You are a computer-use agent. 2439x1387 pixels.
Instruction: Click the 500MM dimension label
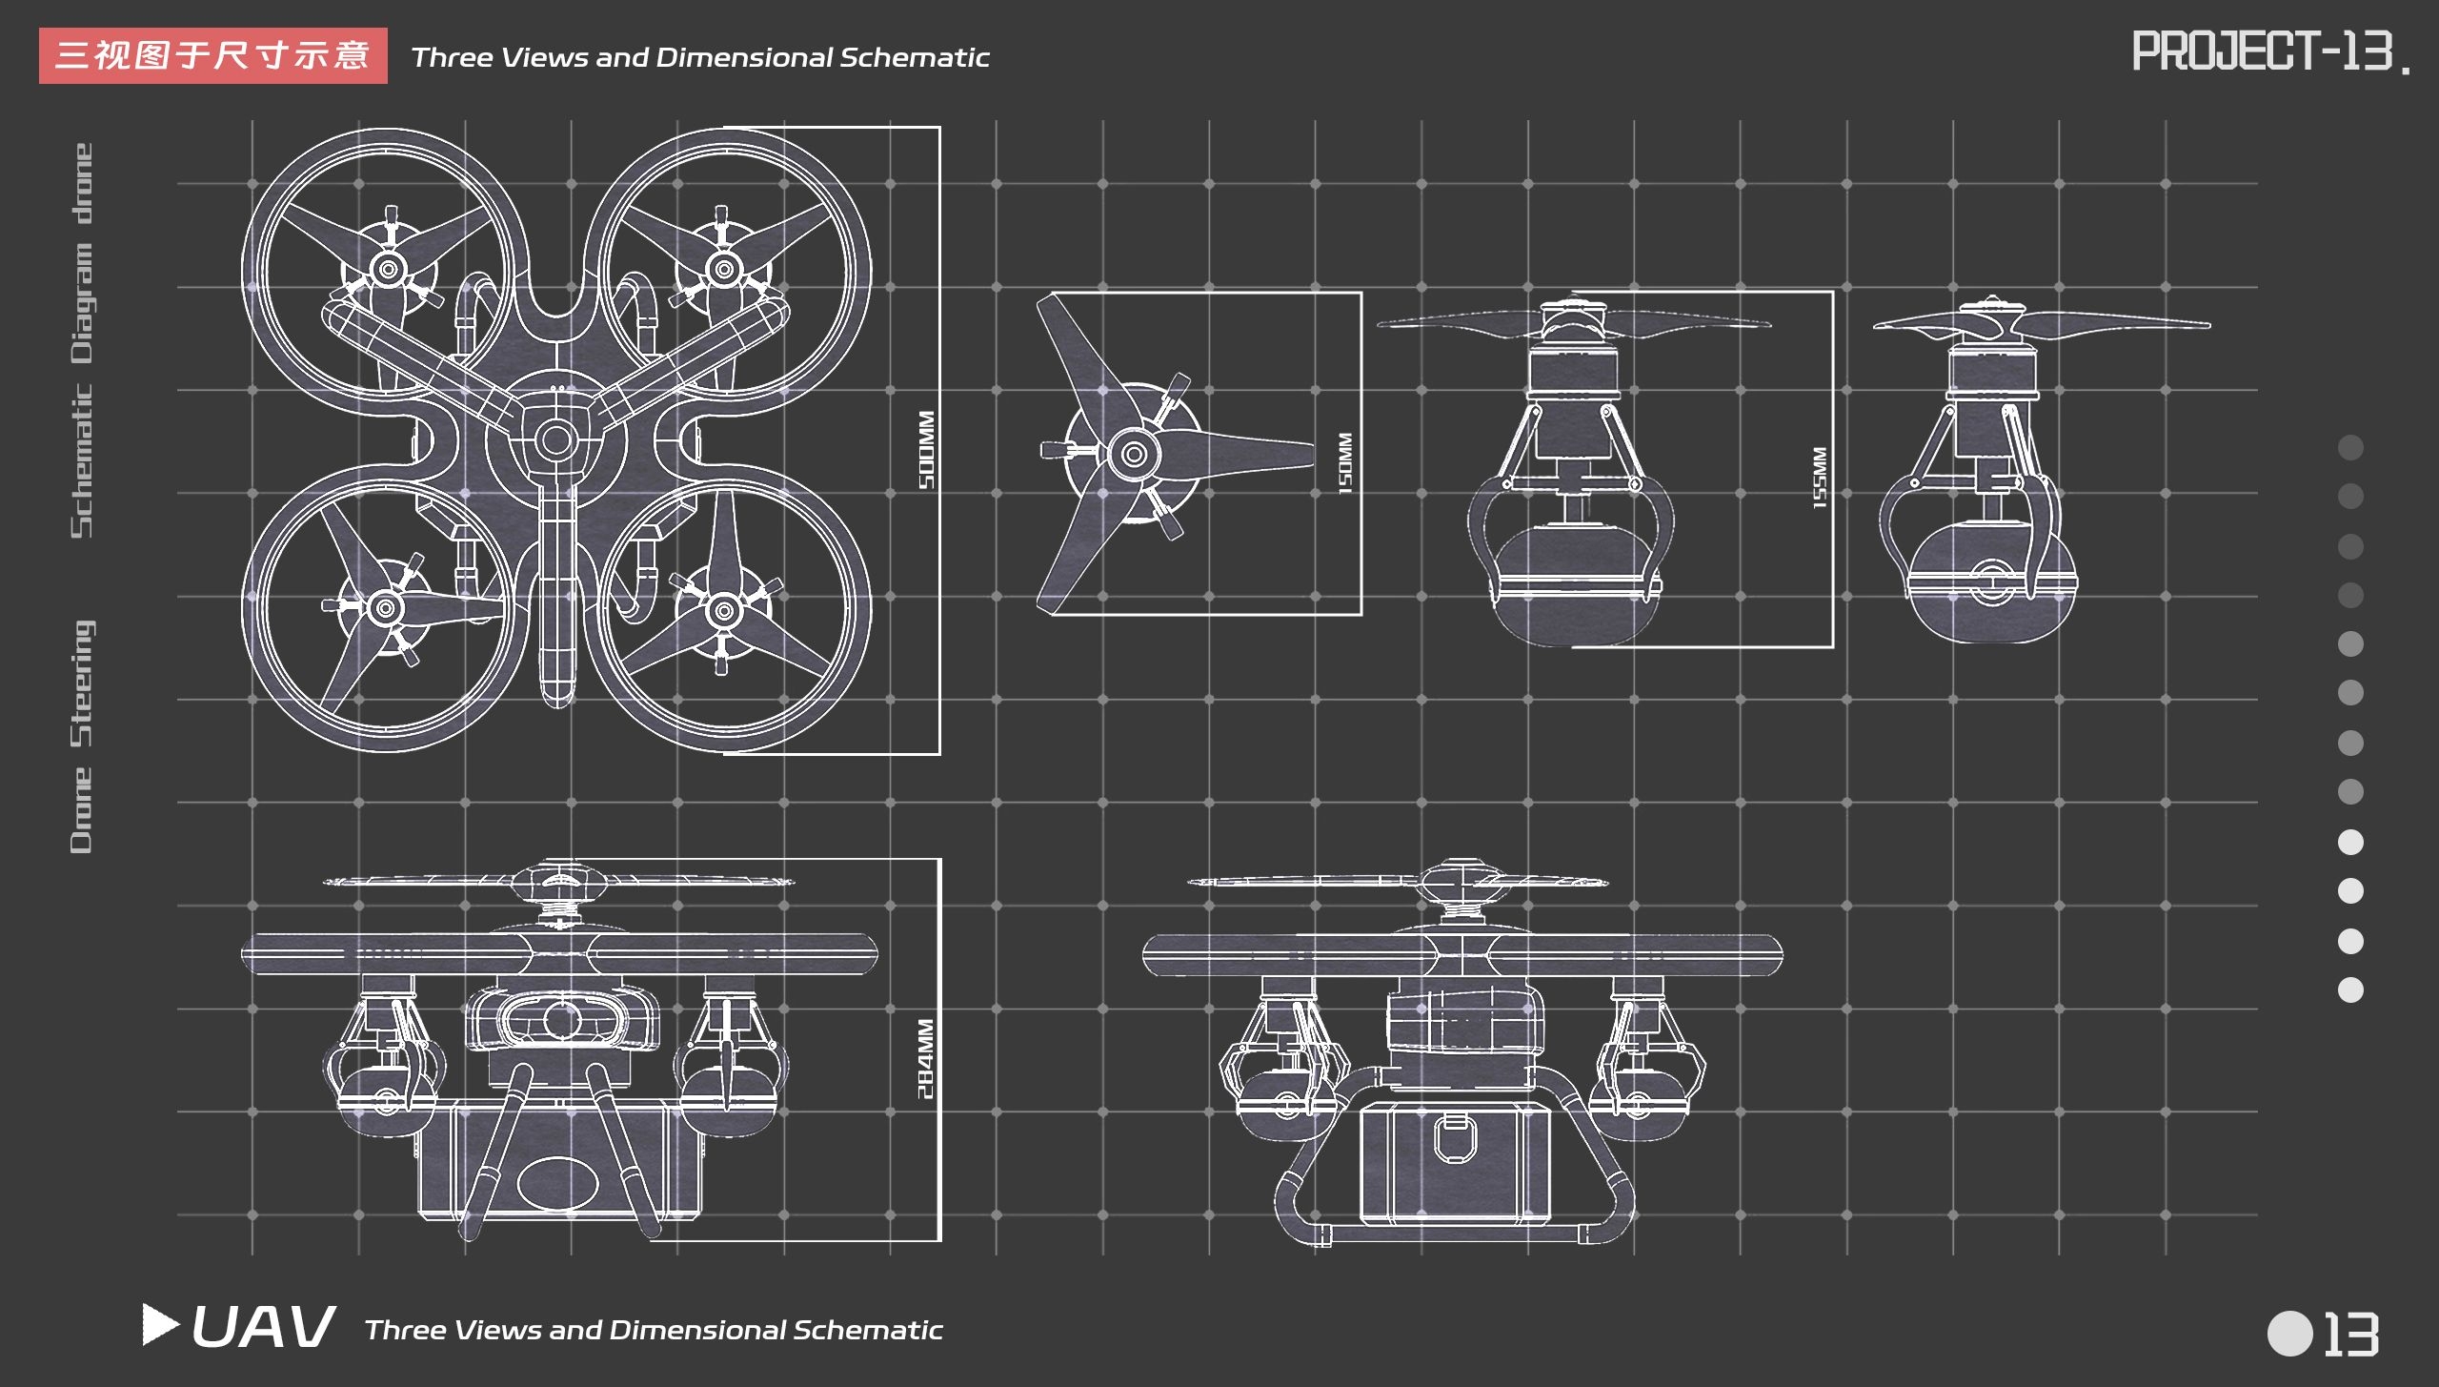[926, 450]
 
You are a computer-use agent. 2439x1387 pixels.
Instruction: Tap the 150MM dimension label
[1344, 463]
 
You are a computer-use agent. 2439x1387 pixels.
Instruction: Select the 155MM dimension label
[1819, 478]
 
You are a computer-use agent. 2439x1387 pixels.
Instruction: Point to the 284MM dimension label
[926, 1058]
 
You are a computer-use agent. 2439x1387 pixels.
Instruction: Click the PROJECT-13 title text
[2268, 51]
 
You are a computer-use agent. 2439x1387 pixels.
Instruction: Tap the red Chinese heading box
[212, 55]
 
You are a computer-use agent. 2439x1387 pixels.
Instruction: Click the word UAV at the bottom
[262, 1326]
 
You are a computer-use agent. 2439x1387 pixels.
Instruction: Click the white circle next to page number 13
[2289, 1333]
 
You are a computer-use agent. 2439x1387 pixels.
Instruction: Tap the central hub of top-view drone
[554, 440]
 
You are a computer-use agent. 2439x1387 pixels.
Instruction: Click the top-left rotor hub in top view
[388, 270]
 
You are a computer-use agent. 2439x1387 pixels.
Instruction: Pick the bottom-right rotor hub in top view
[723, 610]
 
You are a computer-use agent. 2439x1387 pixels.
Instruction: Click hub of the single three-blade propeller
[1134, 454]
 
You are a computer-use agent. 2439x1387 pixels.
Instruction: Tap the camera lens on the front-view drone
[562, 1020]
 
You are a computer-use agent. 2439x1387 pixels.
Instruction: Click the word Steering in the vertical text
[83, 683]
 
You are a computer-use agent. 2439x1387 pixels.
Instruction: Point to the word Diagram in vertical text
[83, 303]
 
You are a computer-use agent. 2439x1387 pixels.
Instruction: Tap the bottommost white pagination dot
[2350, 990]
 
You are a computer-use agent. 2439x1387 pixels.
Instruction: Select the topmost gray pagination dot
[2350, 447]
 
